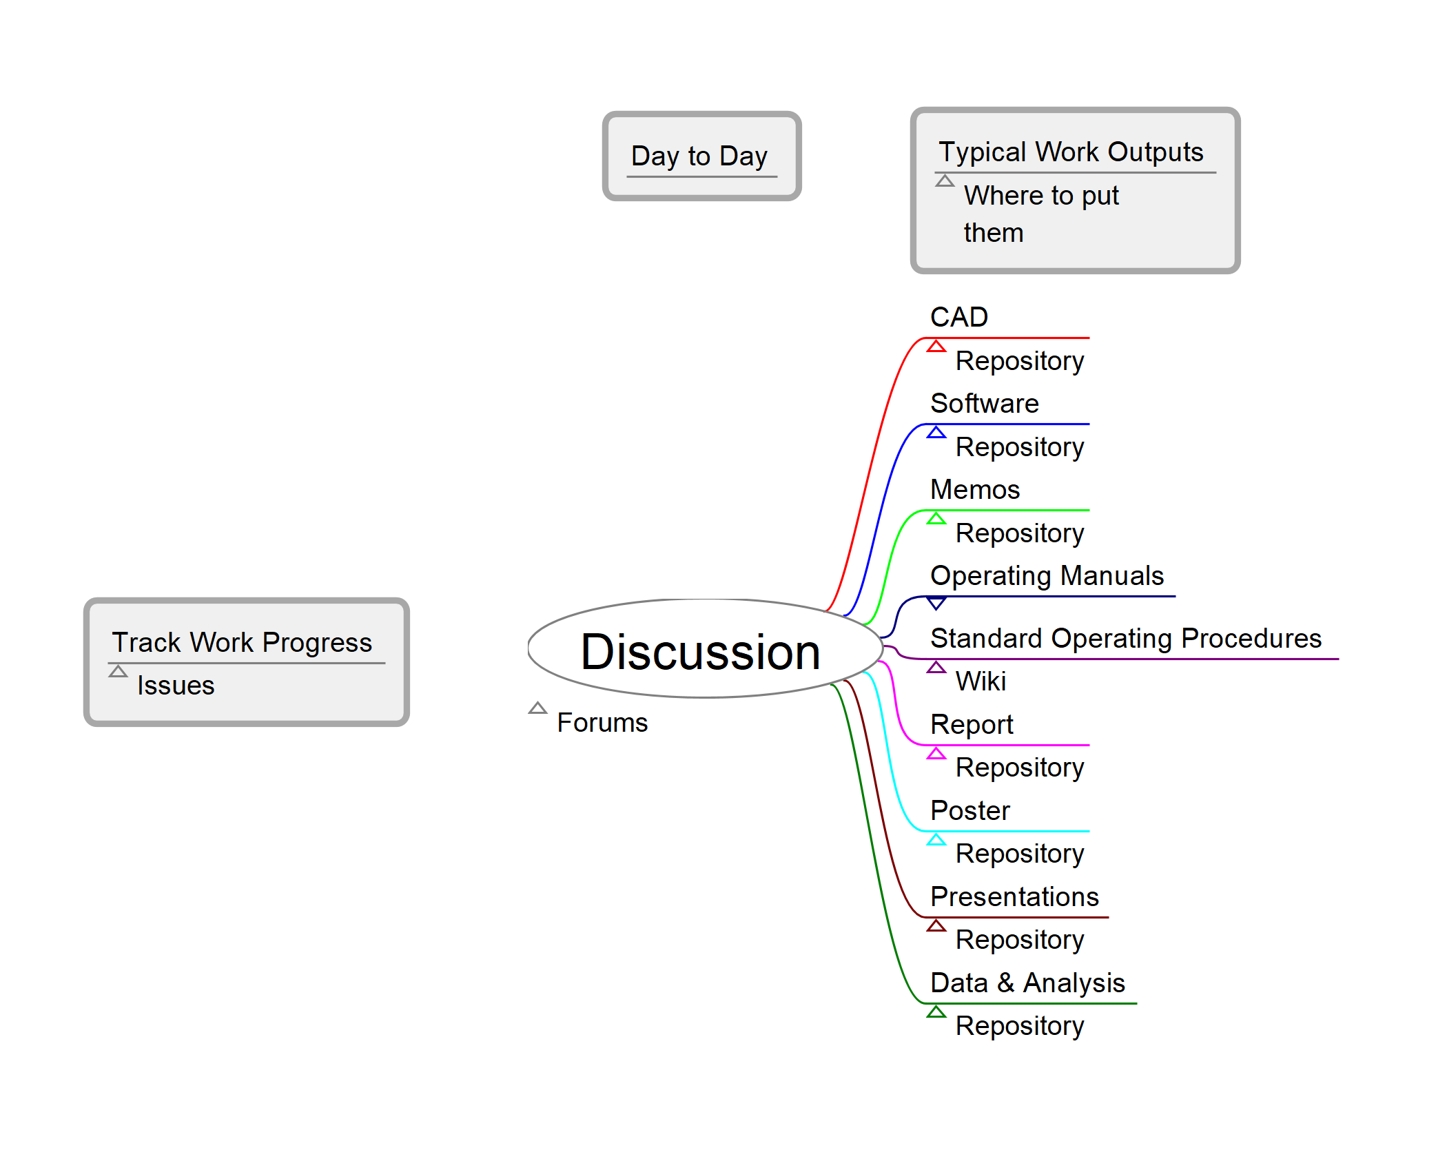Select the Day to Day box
coord(701,156)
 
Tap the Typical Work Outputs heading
coord(1071,152)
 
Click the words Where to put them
coord(1040,214)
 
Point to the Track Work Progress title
coord(242,642)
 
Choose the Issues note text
coord(176,686)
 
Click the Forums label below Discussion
coord(602,723)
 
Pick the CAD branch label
coord(959,317)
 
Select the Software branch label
coord(984,403)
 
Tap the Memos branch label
coord(974,489)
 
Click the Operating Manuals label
coord(1047,575)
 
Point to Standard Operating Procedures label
coord(1125,638)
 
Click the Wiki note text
coord(981,681)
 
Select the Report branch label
coord(972,724)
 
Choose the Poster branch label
coord(969,810)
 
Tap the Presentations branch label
coord(1014,896)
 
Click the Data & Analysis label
coord(1027,983)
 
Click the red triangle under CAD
coord(936,347)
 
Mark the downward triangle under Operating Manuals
coord(936,604)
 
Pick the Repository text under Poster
coord(1020,854)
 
